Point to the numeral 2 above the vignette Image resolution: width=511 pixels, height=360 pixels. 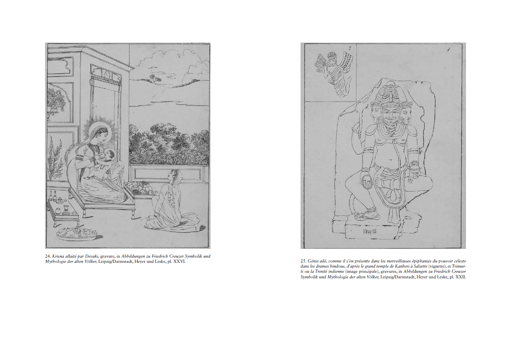[350, 48]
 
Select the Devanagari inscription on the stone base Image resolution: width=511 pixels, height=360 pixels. [370, 232]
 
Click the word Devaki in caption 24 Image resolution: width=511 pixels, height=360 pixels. [91, 256]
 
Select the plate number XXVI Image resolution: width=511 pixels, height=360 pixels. [179, 262]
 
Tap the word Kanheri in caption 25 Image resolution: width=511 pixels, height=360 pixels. [405, 266]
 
